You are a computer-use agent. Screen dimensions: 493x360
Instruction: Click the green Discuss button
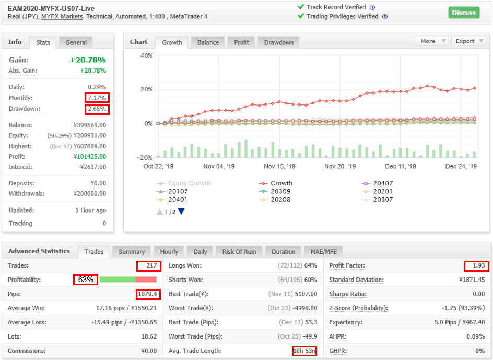point(464,13)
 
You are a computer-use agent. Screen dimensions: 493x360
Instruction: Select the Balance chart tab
point(208,42)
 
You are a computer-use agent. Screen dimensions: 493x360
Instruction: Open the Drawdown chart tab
point(278,42)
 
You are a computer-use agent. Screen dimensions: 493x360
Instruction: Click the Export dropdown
point(469,41)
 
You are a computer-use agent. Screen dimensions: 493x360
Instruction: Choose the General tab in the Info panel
point(76,42)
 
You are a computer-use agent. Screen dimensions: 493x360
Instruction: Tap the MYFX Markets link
point(62,16)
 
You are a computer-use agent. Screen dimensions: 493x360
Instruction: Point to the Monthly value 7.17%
point(97,98)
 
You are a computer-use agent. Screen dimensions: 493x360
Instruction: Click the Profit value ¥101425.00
point(90,156)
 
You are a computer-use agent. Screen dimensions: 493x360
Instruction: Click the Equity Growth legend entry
point(184,183)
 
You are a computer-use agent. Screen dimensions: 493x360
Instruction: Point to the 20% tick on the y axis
point(147,89)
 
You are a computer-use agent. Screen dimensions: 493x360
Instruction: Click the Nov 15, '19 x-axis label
point(279,166)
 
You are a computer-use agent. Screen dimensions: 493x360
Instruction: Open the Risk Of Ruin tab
point(239,252)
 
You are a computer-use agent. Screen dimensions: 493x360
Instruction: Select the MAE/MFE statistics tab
point(324,252)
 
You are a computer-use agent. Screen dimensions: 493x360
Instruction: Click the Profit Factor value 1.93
point(479,265)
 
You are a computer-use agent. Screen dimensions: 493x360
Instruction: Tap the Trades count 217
point(151,265)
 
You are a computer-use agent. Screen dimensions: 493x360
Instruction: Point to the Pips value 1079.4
point(147,294)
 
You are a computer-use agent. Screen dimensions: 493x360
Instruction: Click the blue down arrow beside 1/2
point(181,212)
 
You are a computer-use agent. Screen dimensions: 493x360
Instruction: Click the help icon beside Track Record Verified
point(372,7)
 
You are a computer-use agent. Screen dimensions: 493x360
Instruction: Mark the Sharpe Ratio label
point(348,294)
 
